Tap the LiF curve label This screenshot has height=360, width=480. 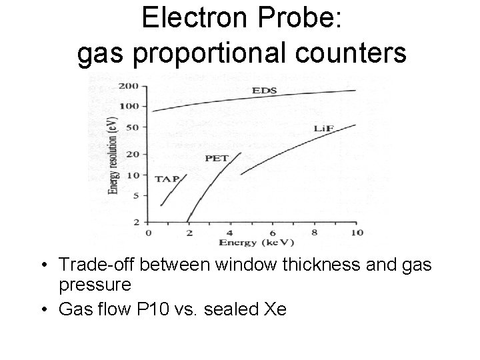(325, 128)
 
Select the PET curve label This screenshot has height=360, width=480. (217, 158)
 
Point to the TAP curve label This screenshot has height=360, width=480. (167, 178)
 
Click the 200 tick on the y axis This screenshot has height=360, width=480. (128, 87)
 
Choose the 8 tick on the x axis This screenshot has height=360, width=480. (314, 232)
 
